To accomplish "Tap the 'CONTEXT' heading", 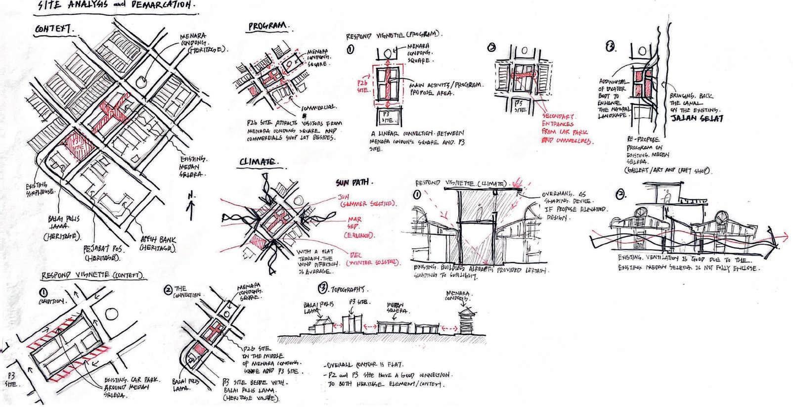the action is pyautogui.click(x=54, y=30).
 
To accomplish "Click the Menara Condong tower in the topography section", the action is pyautogui.click(x=466, y=321).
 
